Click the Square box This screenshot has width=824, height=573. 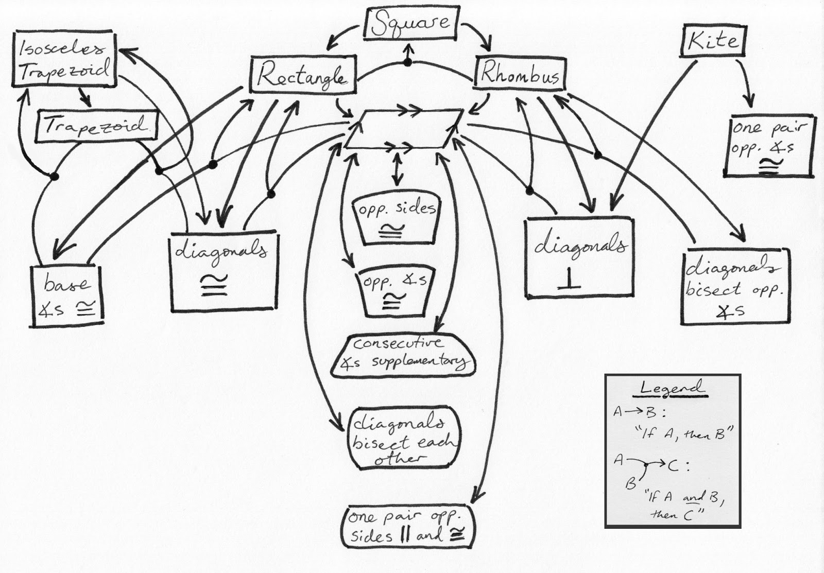click(x=410, y=24)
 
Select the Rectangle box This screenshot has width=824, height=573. click(x=302, y=76)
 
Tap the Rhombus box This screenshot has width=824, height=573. click(x=519, y=75)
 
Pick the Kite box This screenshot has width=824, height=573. click(x=713, y=41)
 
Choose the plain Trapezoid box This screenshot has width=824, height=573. click(x=96, y=126)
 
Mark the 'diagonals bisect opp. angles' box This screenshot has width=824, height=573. click(x=735, y=288)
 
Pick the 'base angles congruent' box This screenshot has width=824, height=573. click(x=67, y=296)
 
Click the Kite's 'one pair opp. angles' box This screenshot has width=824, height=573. click(x=769, y=146)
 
